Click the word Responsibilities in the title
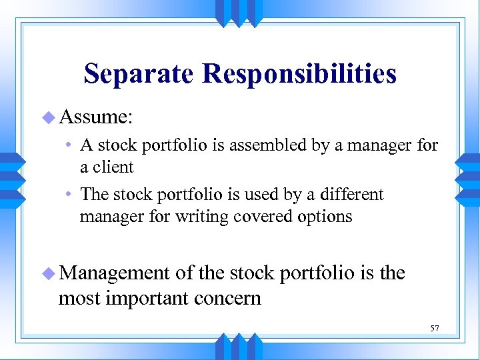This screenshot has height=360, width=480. (300, 74)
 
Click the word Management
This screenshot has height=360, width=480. (114, 273)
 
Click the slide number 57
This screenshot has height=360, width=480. (434, 328)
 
